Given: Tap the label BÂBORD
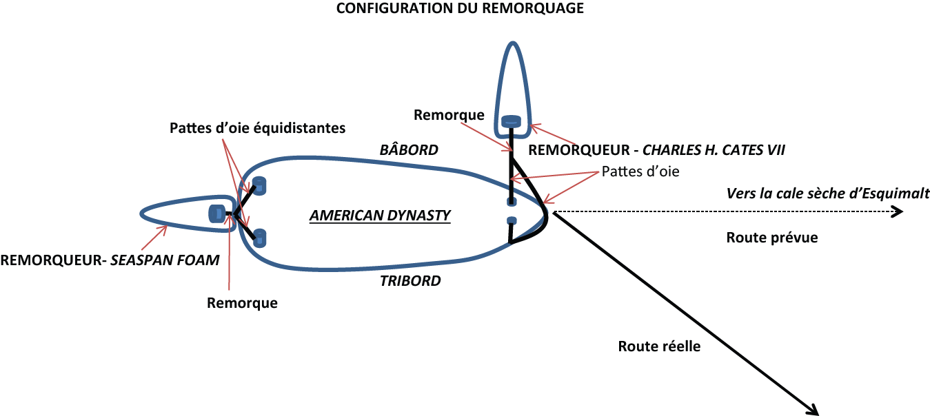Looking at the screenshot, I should tap(410, 149).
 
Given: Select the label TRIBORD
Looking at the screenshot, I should tap(410, 280).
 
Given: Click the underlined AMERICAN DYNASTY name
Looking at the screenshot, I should tap(380, 216).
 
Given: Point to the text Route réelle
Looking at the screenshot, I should tap(659, 346).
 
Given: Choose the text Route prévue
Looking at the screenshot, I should tap(772, 238).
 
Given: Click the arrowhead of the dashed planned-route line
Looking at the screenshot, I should tap(897, 212).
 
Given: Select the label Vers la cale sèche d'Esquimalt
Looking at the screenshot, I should tap(827, 193).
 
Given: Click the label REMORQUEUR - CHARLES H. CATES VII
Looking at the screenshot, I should tap(656, 149).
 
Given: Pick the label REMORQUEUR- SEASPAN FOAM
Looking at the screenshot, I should tap(110, 260).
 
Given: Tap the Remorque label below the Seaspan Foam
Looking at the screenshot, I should tap(242, 302).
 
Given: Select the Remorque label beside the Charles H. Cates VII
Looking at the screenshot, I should tap(449, 115).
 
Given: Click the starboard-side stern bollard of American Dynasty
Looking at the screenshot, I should tap(259, 238).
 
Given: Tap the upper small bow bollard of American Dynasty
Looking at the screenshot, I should tap(512, 201).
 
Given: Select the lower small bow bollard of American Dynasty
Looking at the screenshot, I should tap(512, 220).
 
